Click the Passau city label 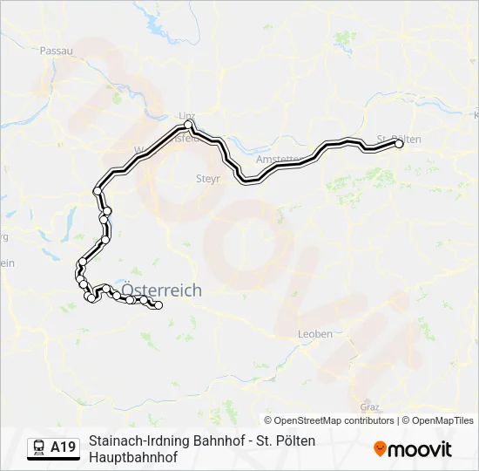click(56, 51)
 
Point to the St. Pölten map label click(400, 140)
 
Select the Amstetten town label click(277, 160)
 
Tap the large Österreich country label click(161, 290)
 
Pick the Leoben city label click(314, 334)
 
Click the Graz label click(369, 406)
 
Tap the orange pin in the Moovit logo click(380, 449)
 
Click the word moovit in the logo click(420, 449)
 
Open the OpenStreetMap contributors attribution click(329, 420)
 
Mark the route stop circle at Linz click(188, 126)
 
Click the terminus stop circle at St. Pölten click(400, 145)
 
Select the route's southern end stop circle click(159, 305)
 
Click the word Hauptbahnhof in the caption click(133, 456)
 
